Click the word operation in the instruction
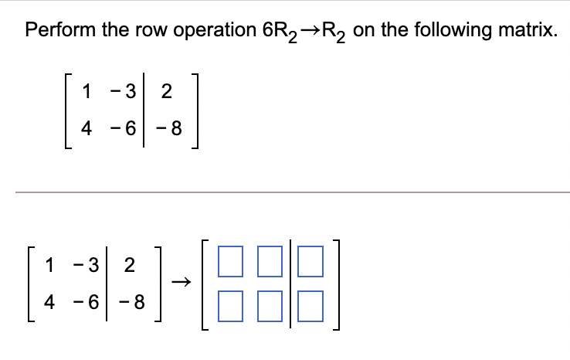point(202,30)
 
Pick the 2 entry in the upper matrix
point(168,93)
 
